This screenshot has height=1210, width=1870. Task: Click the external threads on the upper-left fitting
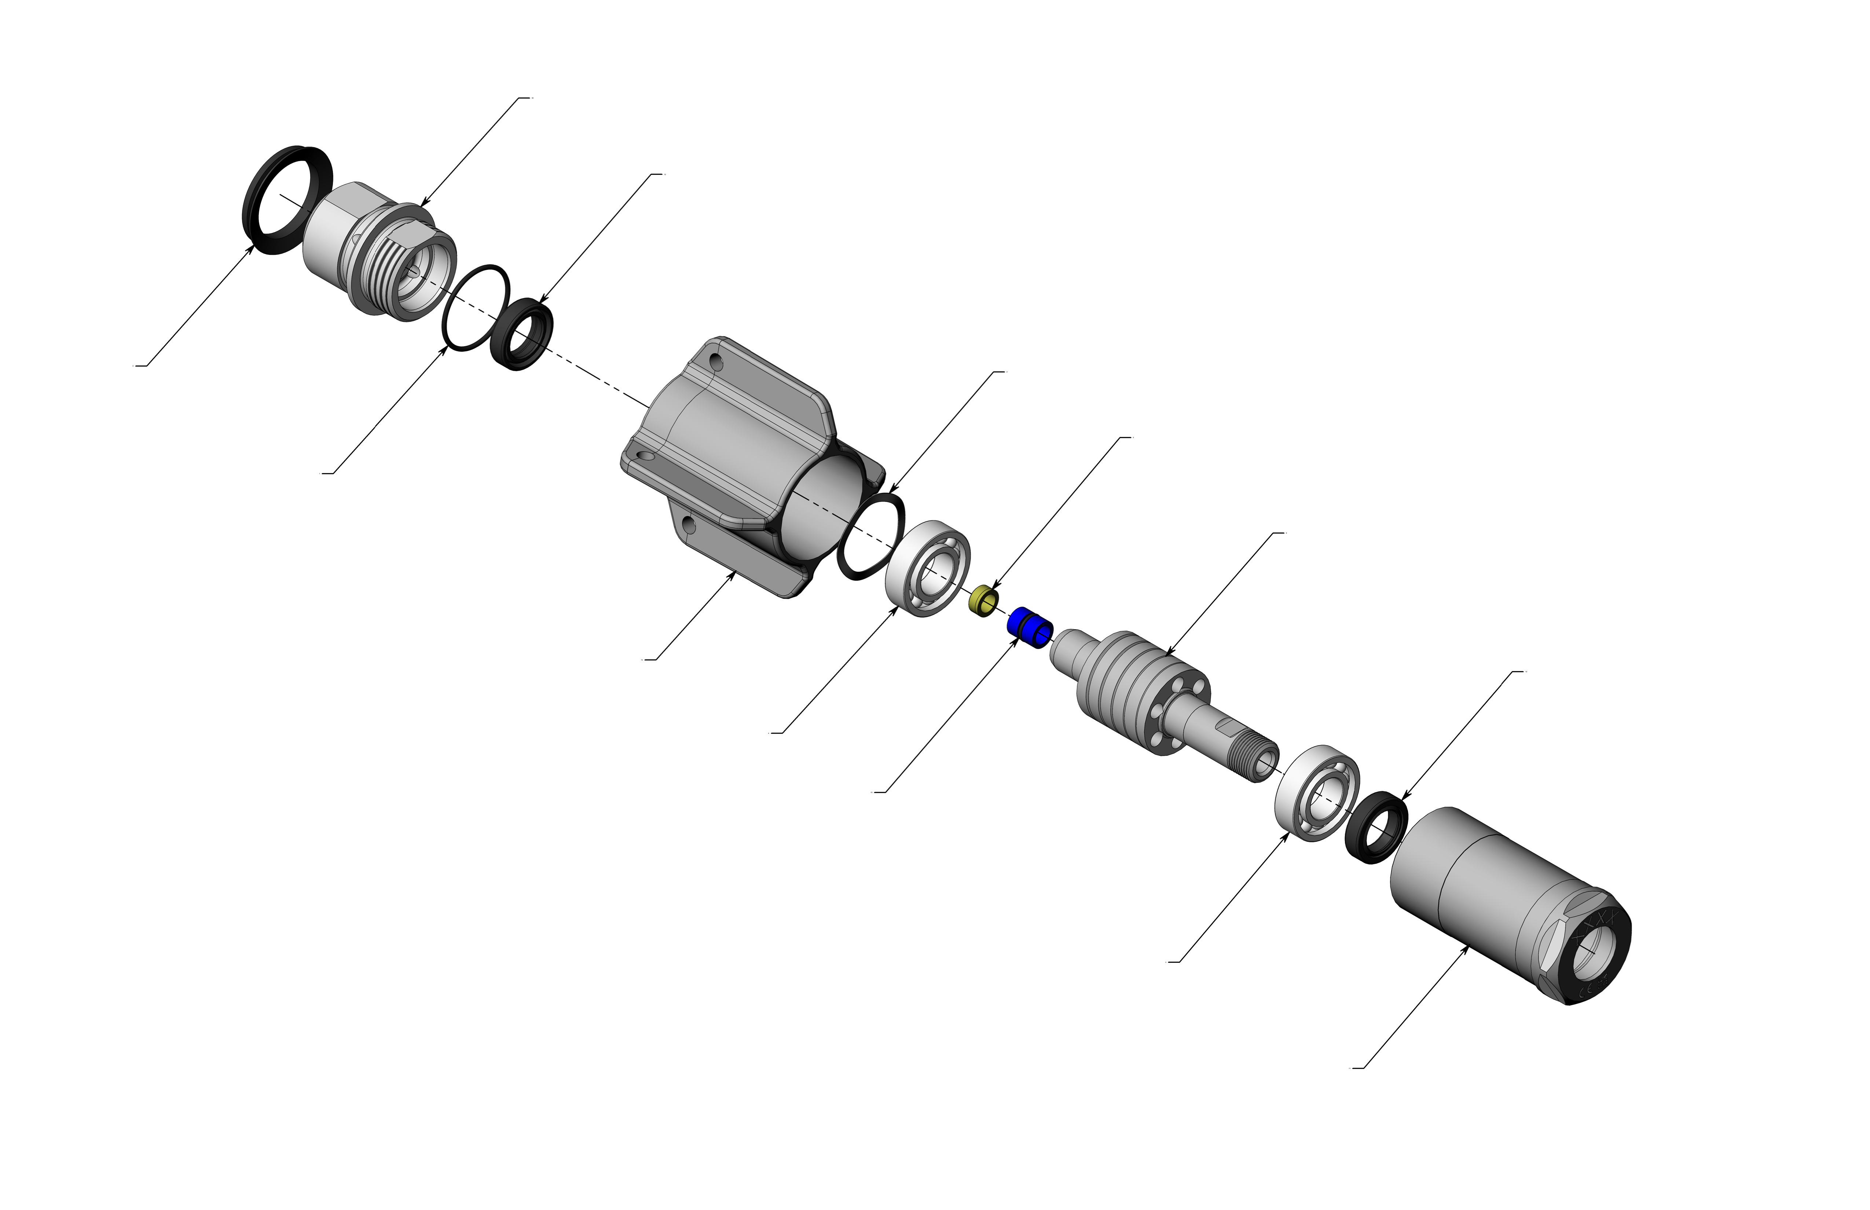pyautogui.click(x=385, y=263)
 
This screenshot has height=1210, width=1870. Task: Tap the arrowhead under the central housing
pyautogui.click(x=733, y=574)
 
